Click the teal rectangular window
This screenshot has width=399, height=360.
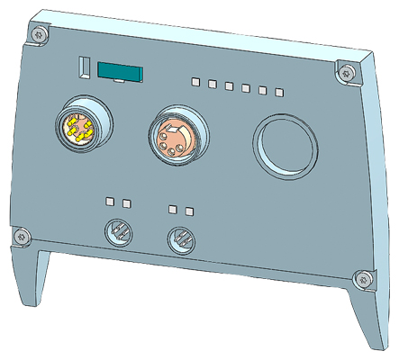tap(120, 72)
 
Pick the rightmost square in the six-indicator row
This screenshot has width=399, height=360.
tap(280, 91)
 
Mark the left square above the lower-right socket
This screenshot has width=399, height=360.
tap(173, 209)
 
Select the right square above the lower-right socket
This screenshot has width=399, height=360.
tap(189, 211)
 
